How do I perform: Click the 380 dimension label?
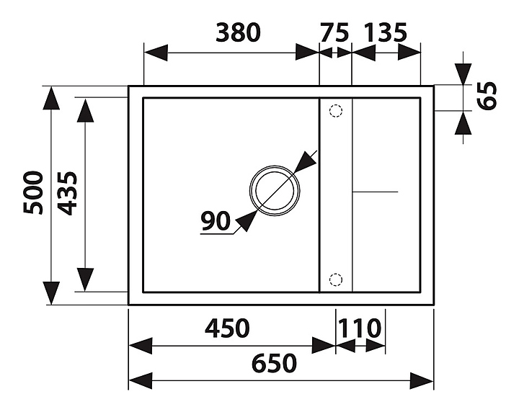pos(237,32)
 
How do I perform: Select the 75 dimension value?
pos(334,32)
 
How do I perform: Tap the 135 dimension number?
pos(386,32)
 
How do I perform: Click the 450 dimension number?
pos(227,328)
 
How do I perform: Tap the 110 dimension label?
pos(358,328)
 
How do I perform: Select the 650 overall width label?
pos(275,363)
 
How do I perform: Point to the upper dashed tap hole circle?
pos(334,111)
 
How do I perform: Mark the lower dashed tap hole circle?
pos(334,279)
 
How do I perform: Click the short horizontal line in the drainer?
pos(374,192)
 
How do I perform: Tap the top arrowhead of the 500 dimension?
pos(50,98)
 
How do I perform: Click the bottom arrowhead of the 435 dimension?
pos(85,279)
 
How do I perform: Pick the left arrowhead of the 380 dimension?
pos(156,53)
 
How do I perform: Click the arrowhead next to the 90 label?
pos(244,221)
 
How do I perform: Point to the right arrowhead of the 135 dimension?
pos(409,53)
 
